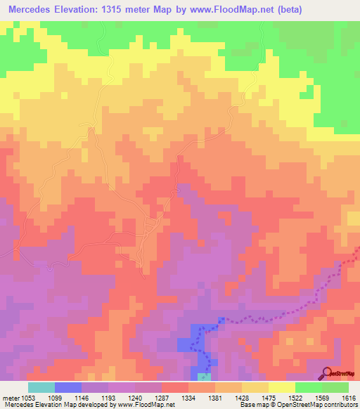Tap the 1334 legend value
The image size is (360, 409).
click(188, 398)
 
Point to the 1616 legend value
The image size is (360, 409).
click(349, 398)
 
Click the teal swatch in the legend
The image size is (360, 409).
click(41, 387)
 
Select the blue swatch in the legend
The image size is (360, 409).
click(68, 387)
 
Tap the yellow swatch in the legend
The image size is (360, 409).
click(282, 387)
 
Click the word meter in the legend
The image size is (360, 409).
click(8, 398)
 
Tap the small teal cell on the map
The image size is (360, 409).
click(202, 377)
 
